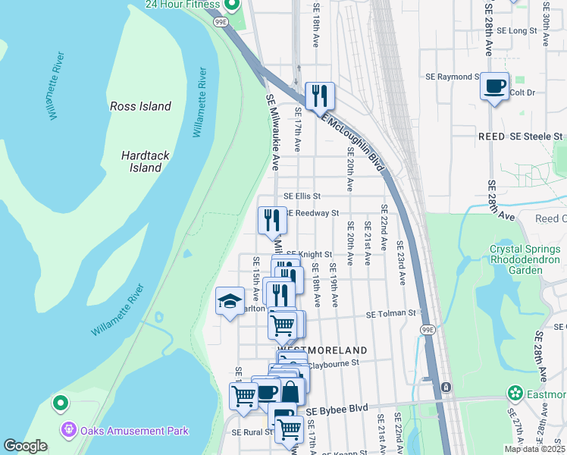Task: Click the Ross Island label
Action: tap(140, 106)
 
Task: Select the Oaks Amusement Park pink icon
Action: tap(70, 430)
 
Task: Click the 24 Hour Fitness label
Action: tap(183, 5)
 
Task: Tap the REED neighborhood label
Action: tap(491, 136)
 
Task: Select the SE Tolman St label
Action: tap(392, 313)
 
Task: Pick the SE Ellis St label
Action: tap(302, 196)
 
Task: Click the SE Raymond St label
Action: tap(453, 77)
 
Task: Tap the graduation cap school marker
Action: tap(230, 302)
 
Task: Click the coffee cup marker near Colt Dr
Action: tap(495, 86)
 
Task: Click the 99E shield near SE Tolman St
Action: tap(428, 330)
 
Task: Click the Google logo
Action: tap(25, 446)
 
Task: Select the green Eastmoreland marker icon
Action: tap(515, 393)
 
